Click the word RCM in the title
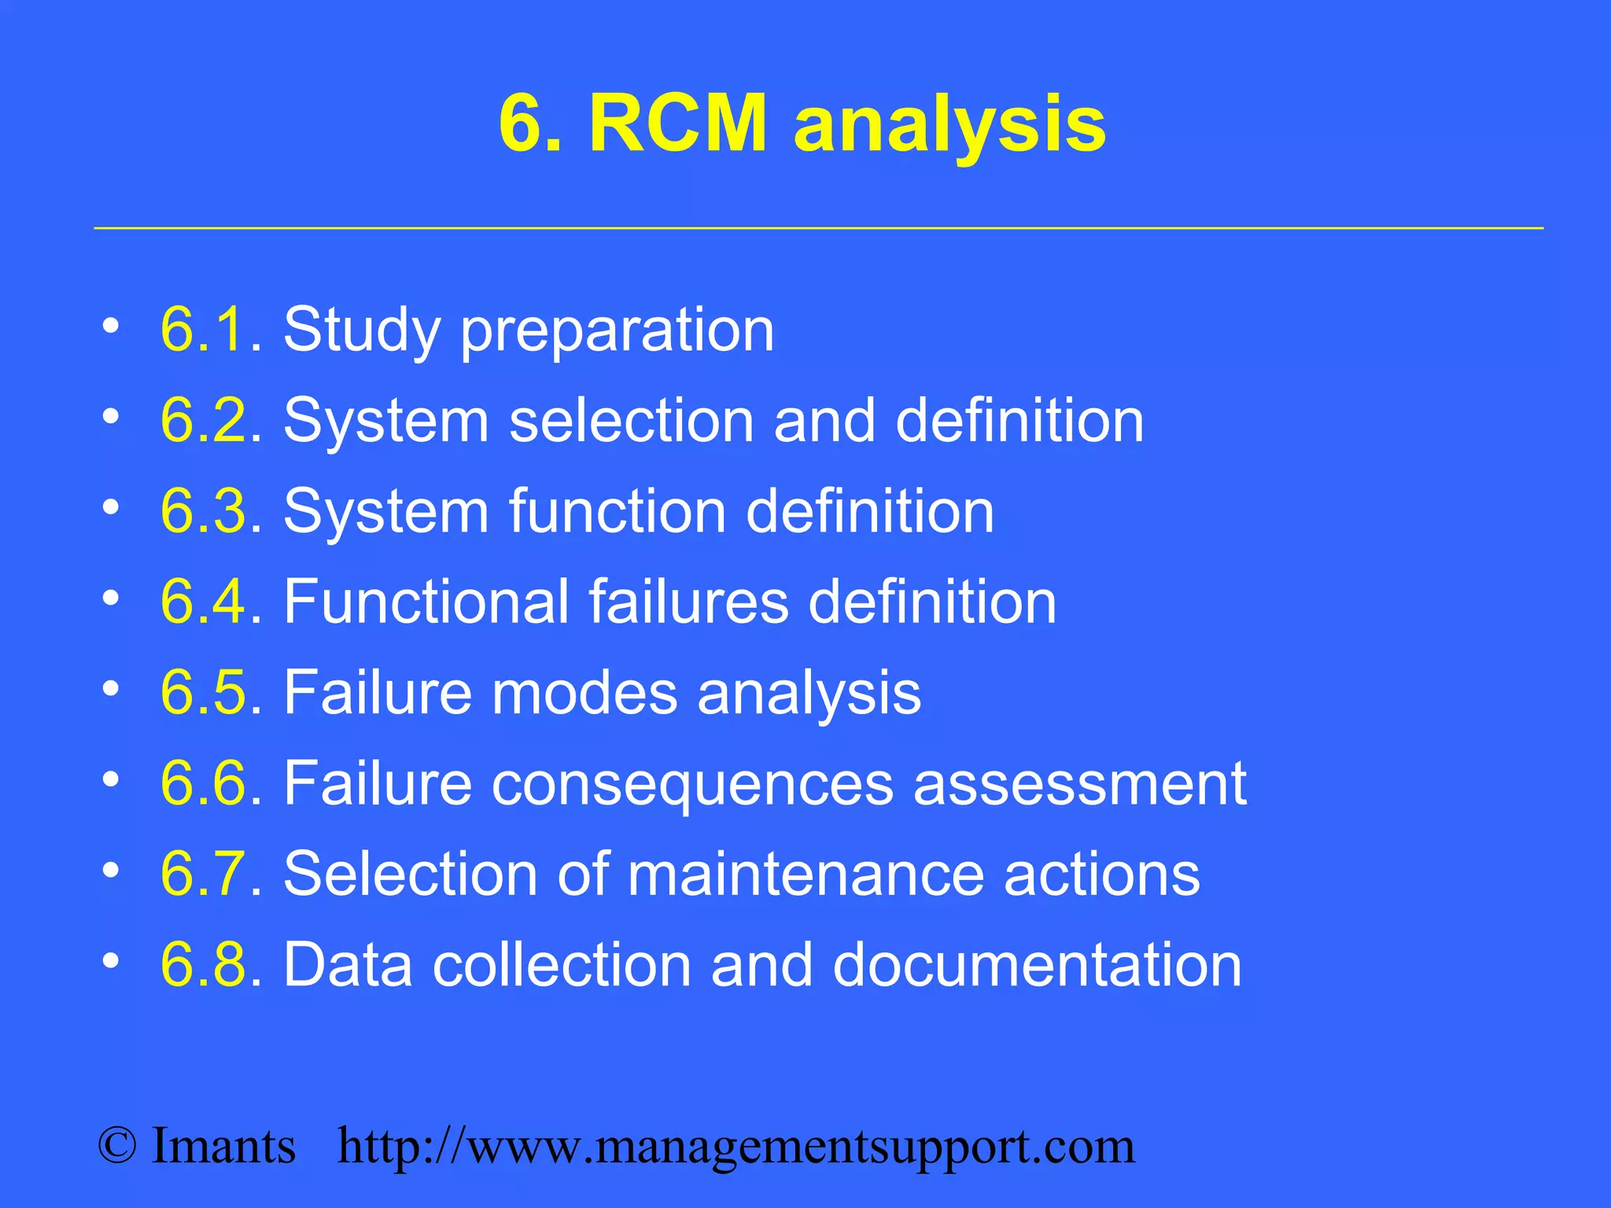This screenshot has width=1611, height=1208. pyautogui.click(x=677, y=123)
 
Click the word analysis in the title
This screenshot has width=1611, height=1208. pyautogui.click(x=949, y=126)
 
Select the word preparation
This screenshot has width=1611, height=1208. pyautogui.click(x=617, y=332)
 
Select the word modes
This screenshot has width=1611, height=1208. pyautogui.click(x=584, y=693)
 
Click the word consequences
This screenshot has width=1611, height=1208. pyautogui.click(x=692, y=784)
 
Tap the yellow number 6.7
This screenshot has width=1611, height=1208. pyautogui.click(x=204, y=874)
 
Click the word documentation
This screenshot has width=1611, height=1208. pyautogui.click(x=1037, y=965)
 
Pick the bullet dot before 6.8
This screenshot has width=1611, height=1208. pyautogui.click(x=111, y=960)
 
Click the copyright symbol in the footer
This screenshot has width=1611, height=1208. pyautogui.click(x=117, y=1146)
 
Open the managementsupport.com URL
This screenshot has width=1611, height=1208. pyautogui.click(x=736, y=1147)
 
